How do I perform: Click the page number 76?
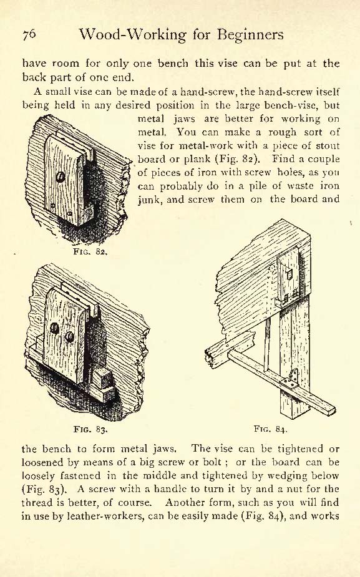[29, 34]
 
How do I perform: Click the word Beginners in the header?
[250, 35]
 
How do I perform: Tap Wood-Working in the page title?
[132, 36]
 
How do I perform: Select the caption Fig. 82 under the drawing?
[90, 252]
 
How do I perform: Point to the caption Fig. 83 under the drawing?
[90, 429]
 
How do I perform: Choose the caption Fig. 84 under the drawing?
[270, 429]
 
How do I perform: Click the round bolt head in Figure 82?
[61, 177]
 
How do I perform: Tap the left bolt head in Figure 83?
[54, 327]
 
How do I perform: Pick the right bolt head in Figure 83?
[69, 336]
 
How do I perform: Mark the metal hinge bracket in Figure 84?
[292, 380]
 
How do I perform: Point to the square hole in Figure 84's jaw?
[289, 274]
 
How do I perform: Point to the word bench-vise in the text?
[289, 105]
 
